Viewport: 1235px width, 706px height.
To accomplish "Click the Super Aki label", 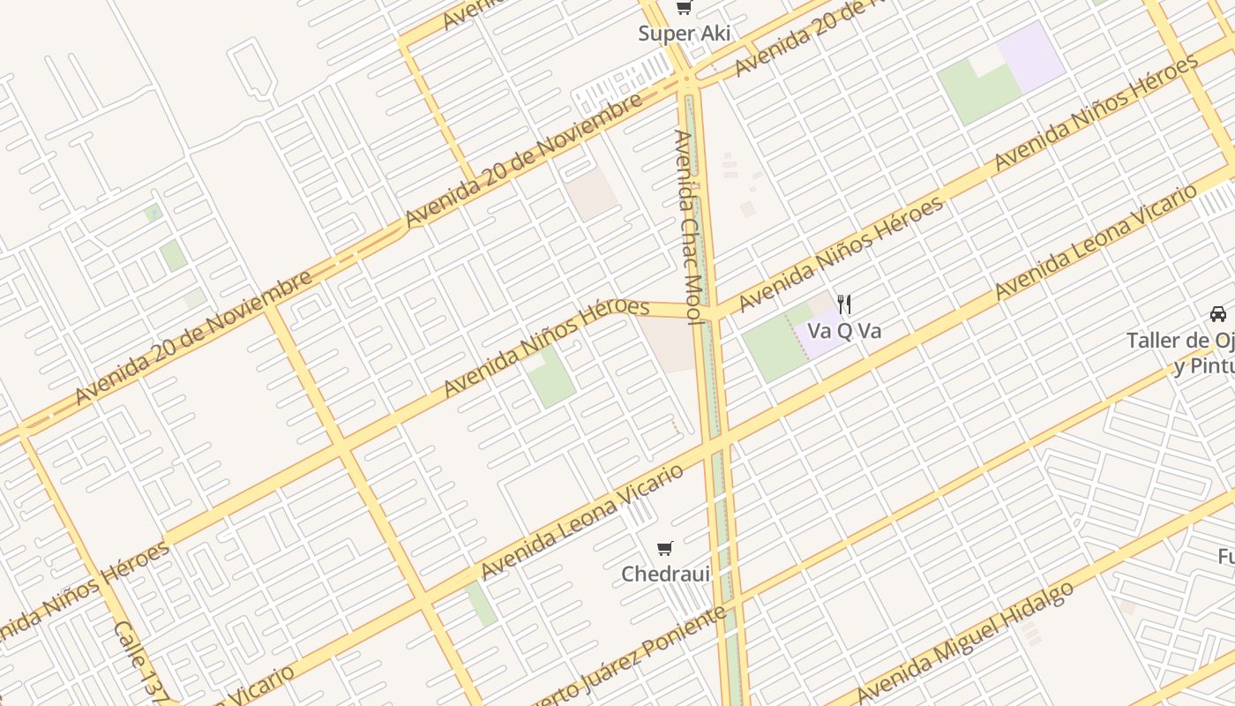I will click(x=685, y=34).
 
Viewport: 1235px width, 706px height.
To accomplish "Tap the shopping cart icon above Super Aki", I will click(x=684, y=9).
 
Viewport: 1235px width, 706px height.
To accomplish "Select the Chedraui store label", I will click(x=665, y=574).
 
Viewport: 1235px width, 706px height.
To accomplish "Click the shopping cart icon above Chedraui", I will click(x=665, y=548).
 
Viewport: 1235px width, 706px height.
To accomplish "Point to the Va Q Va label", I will click(x=844, y=331).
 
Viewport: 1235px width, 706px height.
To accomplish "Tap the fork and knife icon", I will click(x=845, y=304).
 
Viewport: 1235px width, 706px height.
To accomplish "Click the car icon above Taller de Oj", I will click(x=1217, y=313).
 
